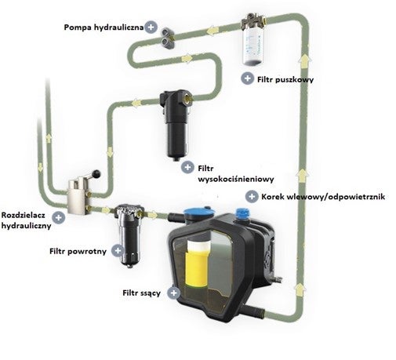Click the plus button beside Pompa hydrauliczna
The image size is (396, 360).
tap(151, 27)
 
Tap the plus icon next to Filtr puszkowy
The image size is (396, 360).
tap(247, 78)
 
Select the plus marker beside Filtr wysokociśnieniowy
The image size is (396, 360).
tap(187, 167)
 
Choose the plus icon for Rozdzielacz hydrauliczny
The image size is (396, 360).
tap(58, 217)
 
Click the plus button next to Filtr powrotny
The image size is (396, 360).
tap(118, 250)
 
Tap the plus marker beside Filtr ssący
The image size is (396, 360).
tap(173, 293)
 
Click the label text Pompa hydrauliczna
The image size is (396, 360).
tap(104, 27)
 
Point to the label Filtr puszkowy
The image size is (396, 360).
tap(285, 79)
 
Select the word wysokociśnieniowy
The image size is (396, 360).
tap(236, 179)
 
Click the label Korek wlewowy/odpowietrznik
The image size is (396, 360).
tap(323, 197)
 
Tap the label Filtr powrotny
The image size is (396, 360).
tap(78, 252)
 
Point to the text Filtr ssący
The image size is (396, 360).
tap(141, 293)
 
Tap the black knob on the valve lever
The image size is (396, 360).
tap(96, 173)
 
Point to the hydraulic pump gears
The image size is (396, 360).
tap(167, 37)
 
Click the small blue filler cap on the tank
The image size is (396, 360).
tap(242, 213)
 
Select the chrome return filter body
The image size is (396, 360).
tap(129, 235)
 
